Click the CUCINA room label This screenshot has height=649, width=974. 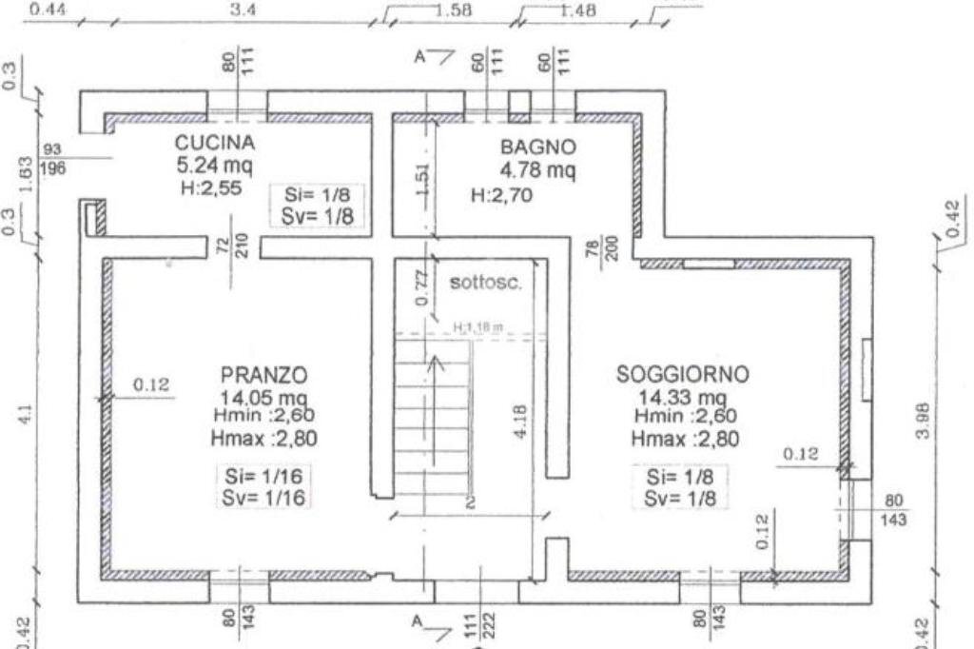[215, 143]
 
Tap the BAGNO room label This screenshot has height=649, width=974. [538, 147]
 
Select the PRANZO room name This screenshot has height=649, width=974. [263, 373]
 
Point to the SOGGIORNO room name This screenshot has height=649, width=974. [683, 375]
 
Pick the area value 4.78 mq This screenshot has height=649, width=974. [538, 171]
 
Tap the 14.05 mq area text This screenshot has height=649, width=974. [263, 397]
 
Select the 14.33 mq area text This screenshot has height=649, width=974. [683, 397]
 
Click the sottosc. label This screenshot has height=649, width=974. [485, 282]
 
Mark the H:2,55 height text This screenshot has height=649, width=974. [211, 188]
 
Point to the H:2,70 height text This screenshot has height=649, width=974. [501, 197]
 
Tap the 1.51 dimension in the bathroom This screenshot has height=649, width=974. [425, 181]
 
